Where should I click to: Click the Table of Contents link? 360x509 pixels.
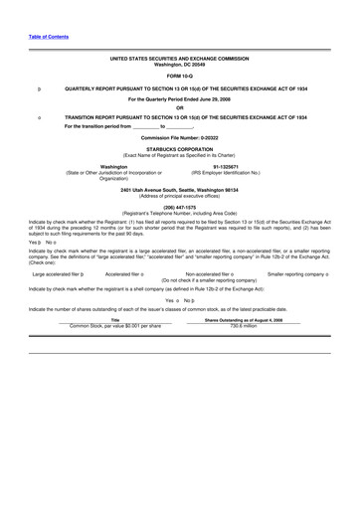48,36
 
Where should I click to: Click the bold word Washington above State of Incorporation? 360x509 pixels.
120,166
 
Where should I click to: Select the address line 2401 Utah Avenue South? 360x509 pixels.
180,189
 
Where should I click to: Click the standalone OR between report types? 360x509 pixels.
180,107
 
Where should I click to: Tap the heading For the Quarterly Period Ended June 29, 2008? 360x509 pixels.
180,97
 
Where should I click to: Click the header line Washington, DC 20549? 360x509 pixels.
180,65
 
